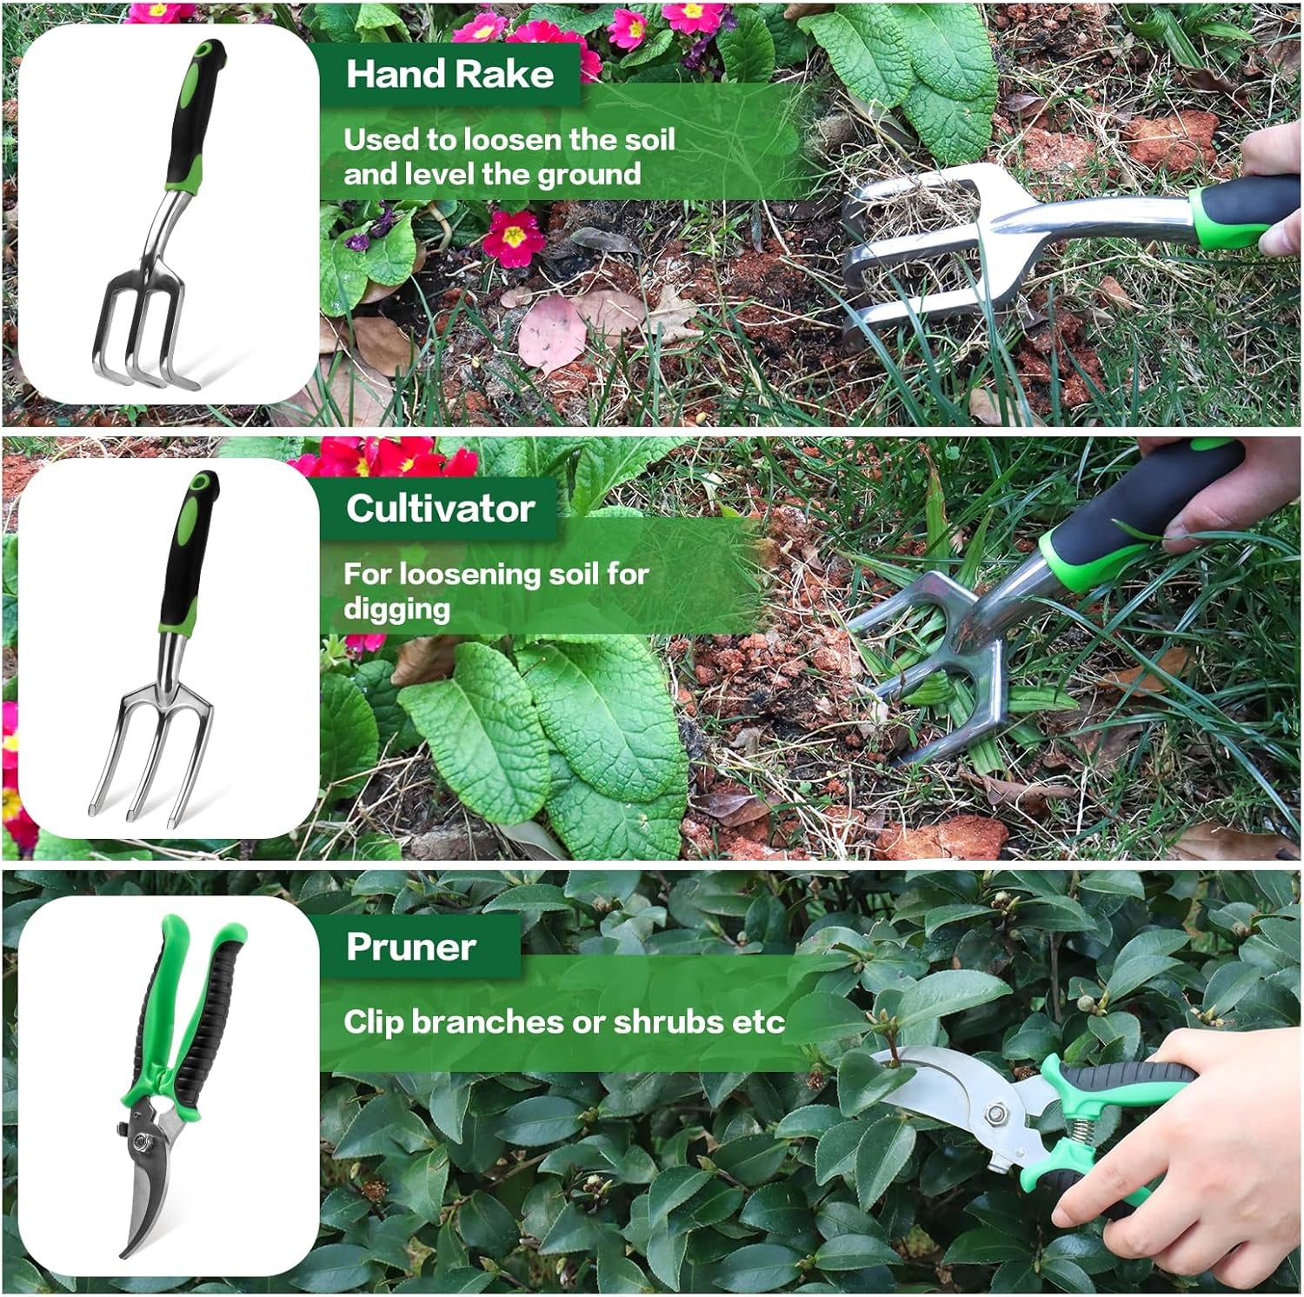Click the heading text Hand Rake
coord(449,75)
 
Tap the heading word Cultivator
coord(440,509)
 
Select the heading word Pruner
coord(410,948)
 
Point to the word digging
coord(396,609)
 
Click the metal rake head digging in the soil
coord(921,252)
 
